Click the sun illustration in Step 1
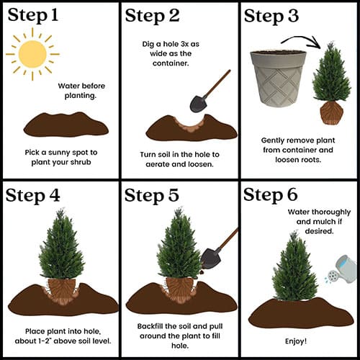(x=32, y=54)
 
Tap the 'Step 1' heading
(x=33, y=15)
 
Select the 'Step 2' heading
(x=152, y=16)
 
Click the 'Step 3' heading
(x=271, y=17)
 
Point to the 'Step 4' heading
(x=32, y=195)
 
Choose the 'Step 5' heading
(x=152, y=195)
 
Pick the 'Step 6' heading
(x=271, y=195)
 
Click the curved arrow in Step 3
(x=303, y=38)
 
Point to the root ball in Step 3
(x=332, y=112)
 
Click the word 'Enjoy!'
(x=296, y=341)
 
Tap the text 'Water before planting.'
(x=81, y=91)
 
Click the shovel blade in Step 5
(x=211, y=258)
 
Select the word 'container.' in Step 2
(x=171, y=63)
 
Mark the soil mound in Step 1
(x=66, y=125)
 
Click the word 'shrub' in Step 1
(x=81, y=162)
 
